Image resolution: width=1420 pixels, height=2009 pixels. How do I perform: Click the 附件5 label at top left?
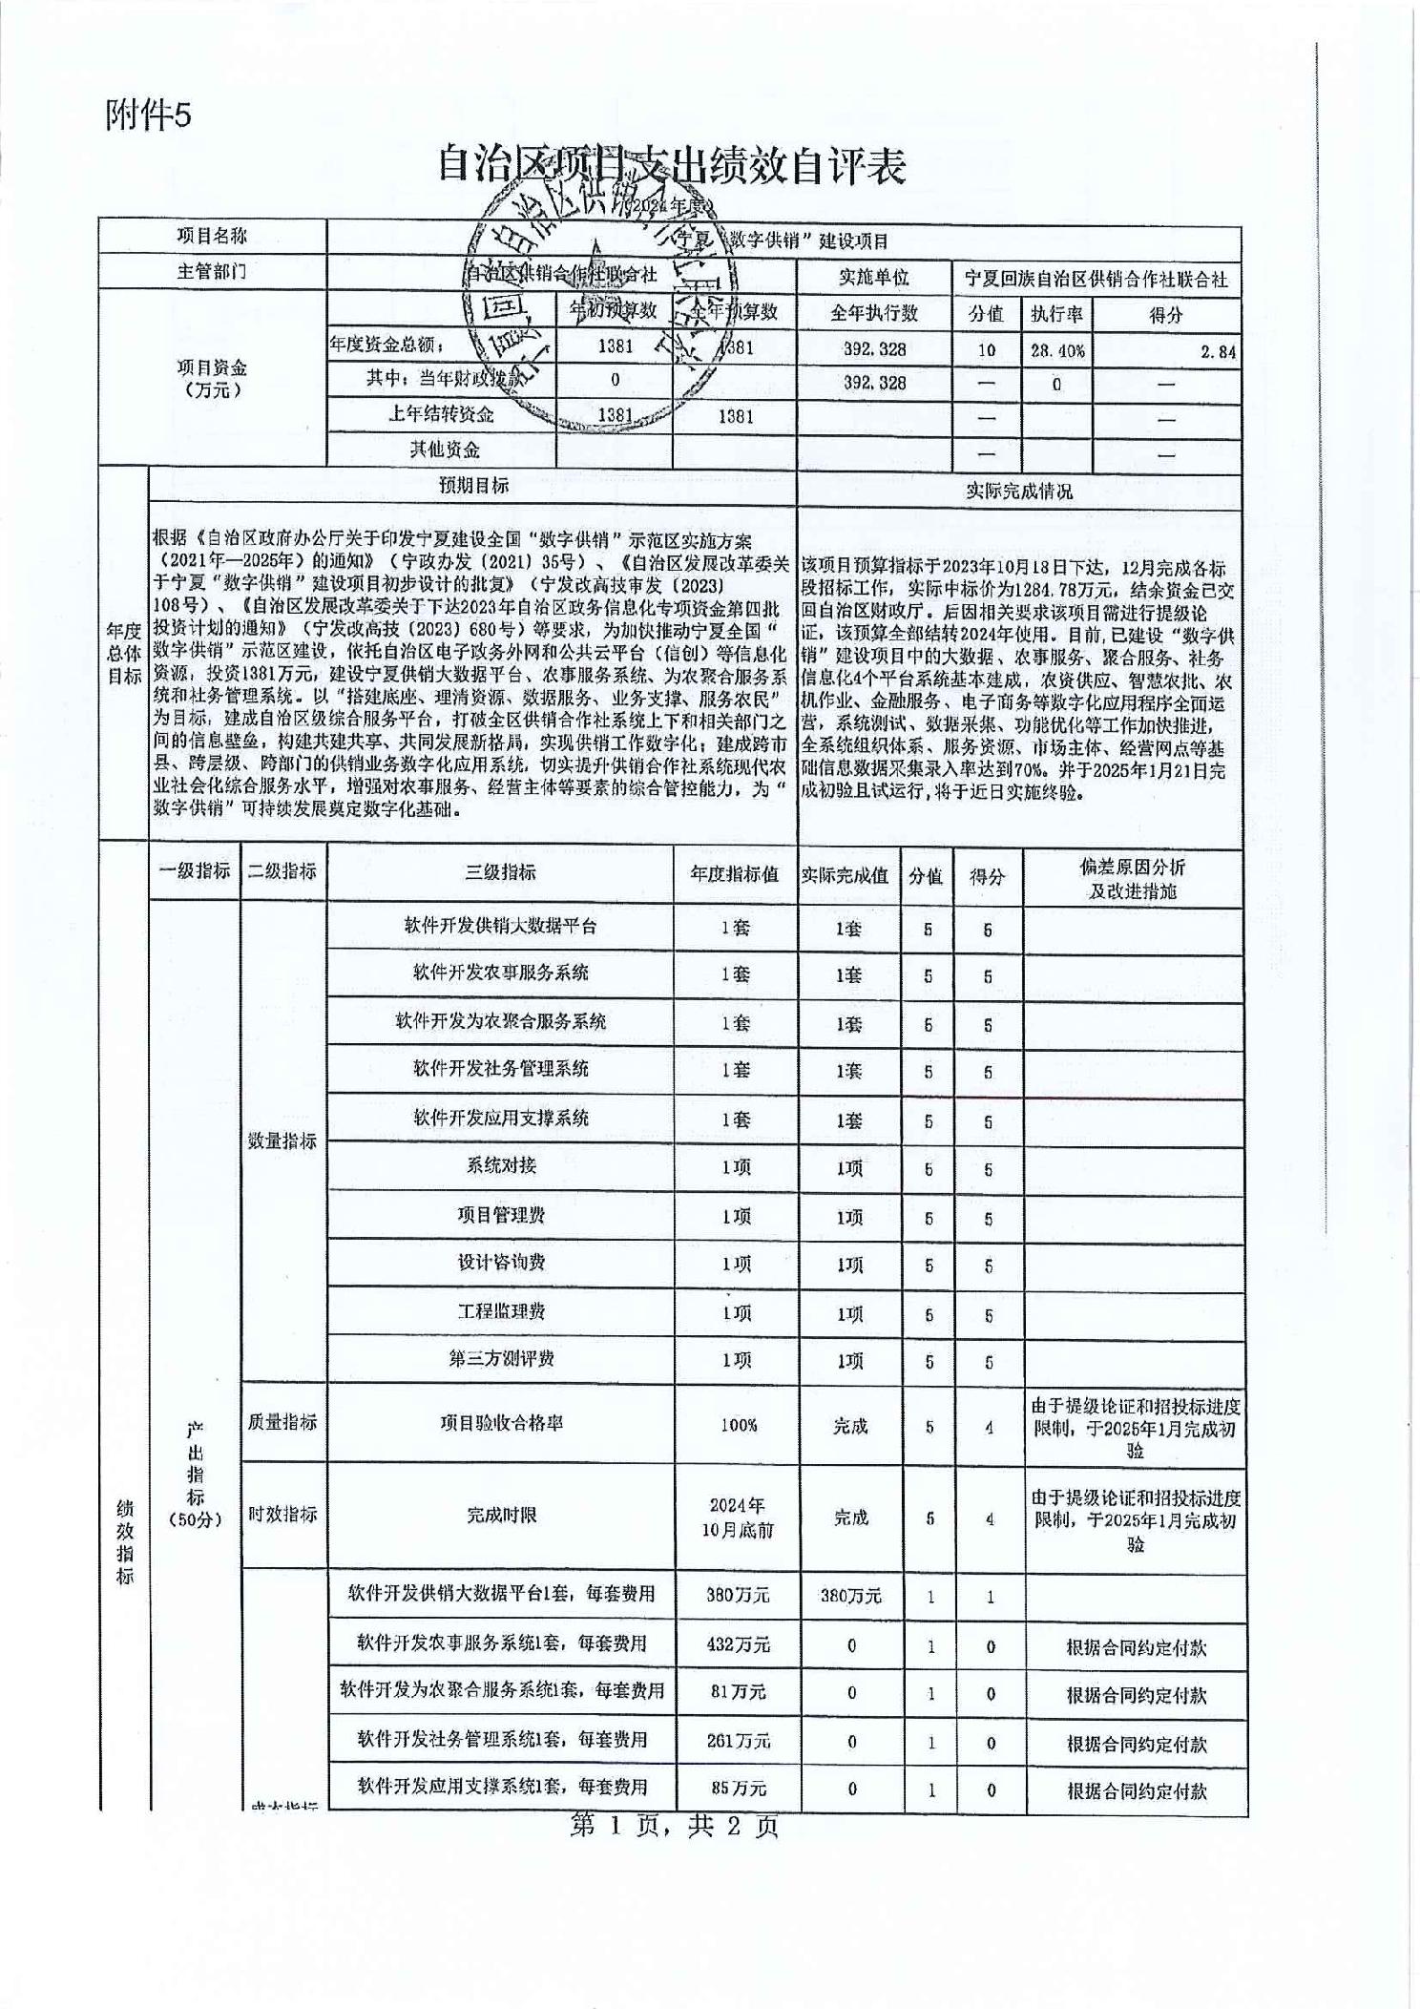tap(148, 115)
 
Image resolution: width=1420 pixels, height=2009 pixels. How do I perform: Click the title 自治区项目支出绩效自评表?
tap(671, 166)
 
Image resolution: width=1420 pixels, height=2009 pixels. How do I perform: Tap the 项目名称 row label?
tap(212, 237)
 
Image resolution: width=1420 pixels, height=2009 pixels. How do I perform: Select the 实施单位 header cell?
tap(873, 278)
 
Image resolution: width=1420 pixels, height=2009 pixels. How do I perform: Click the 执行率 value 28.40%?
tap(1056, 350)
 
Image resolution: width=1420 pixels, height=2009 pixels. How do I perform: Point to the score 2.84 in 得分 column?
tap(1219, 352)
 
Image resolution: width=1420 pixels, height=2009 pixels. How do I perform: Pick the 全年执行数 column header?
tap(873, 313)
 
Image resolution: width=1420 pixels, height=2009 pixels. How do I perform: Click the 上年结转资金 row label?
tap(441, 414)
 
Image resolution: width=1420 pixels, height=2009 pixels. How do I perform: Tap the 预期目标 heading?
tap(473, 486)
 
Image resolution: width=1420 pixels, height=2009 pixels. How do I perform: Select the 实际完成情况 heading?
tap(1018, 491)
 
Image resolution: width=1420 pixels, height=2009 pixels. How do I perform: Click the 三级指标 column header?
tap(500, 871)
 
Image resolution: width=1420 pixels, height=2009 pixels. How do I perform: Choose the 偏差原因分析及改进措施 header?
tap(1133, 878)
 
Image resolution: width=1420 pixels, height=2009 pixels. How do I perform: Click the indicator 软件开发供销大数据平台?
tap(500, 926)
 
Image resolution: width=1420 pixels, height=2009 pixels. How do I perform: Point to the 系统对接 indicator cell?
tap(501, 1165)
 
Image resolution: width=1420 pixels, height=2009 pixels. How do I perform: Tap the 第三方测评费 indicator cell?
tap(501, 1358)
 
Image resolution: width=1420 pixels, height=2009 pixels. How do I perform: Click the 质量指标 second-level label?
tap(282, 1422)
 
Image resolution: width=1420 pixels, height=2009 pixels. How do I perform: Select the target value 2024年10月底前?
tap(736, 1517)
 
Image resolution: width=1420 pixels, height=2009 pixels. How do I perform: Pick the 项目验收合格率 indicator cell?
tap(501, 1423)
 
